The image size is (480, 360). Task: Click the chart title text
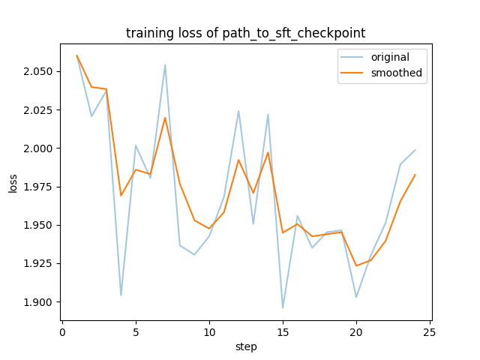coord(246,33)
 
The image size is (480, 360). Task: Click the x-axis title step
coord(246,346)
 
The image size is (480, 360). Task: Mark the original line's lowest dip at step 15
coord(283,307)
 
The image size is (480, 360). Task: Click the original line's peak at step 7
coord(165,64)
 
